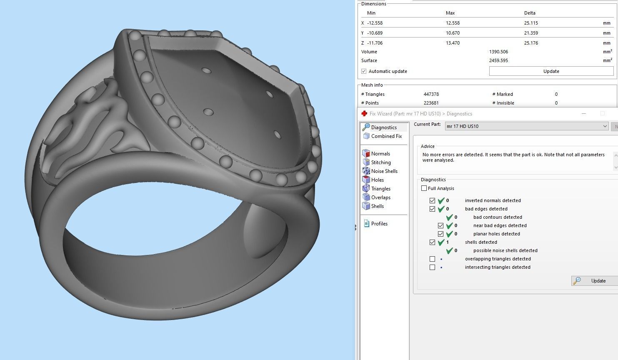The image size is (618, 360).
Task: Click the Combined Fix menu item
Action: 386,136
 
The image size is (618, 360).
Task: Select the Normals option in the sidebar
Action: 380,154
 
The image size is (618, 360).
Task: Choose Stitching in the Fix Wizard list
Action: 381,162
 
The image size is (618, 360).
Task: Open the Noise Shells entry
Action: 384,171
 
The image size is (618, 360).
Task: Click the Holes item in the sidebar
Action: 377,180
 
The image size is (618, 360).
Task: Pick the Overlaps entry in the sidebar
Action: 380,197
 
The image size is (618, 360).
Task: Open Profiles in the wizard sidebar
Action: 379,224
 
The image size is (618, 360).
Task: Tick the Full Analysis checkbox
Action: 424,188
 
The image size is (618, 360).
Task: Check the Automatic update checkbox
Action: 364,71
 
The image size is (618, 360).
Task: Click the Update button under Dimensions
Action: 551,71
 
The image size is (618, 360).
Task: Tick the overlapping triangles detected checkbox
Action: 433,259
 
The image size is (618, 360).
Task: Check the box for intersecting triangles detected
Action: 433,267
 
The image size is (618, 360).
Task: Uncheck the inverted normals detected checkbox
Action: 433,200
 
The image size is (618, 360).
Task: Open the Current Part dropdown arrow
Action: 605,126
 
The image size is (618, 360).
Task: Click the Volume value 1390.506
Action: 498,52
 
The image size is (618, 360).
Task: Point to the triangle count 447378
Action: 431,94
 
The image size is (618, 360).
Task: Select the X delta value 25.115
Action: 531,23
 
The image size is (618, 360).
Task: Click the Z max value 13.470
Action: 453,43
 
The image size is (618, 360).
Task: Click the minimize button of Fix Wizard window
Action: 584,114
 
